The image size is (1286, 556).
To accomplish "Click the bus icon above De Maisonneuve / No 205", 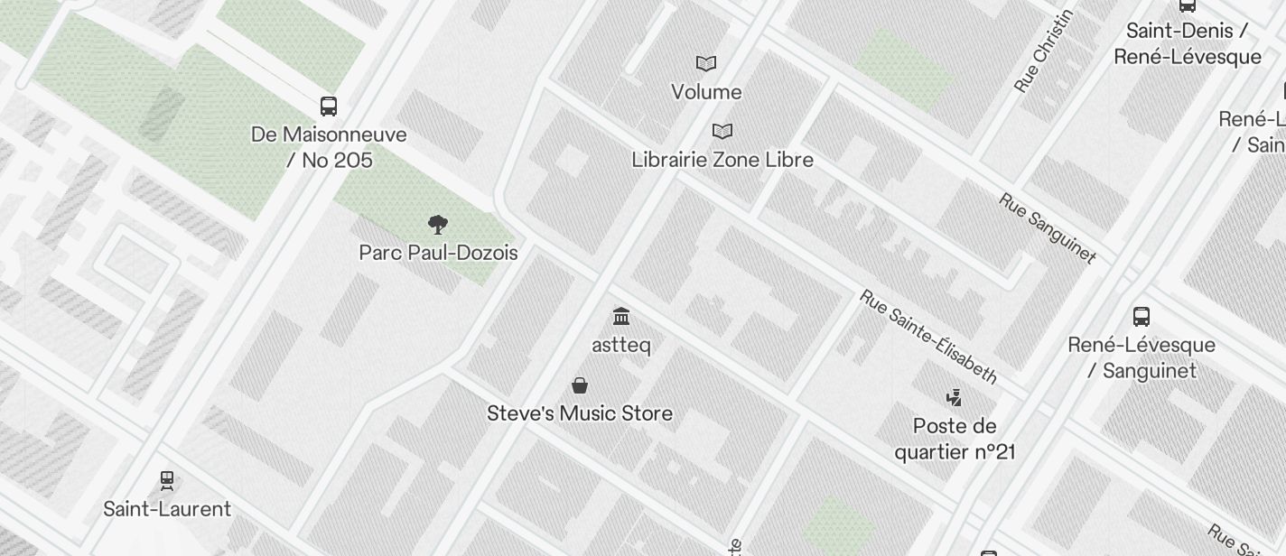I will (x=329, y=107).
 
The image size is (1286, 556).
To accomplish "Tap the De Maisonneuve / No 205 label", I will (x=329, y=147).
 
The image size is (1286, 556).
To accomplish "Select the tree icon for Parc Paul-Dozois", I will (x=438, y=225).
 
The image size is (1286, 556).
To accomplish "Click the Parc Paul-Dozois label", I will (x=438, y=253).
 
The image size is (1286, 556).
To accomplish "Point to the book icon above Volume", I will (x=706, y=64).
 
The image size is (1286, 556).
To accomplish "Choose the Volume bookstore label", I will (x=706, y=92).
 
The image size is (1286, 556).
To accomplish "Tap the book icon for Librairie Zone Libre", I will (x=722, y=132).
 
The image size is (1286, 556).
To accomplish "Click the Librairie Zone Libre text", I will (x=722, y=160).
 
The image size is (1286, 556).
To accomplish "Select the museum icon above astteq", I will (x=621, y=317).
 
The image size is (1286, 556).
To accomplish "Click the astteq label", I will (x=621, y=345).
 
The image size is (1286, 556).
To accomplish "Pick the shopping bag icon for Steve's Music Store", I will (x=580, y=386).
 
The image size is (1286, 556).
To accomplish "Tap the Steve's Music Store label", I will (x=580, y=413).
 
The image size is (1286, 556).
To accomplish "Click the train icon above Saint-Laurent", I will (x=166, y=480).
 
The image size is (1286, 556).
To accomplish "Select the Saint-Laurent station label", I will (x=167, y=509).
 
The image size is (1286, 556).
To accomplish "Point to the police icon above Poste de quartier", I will (x=954, y=397).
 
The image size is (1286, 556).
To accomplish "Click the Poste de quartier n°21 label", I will (x=955, y=439).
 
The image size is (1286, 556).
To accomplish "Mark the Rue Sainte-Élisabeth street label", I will (x=928, y=337).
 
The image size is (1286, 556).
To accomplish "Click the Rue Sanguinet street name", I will (x=1048, y=227).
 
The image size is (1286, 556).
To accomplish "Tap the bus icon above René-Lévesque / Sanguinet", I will (x=1142, y=317).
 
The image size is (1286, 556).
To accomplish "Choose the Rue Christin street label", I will (x=1045, y=51).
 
